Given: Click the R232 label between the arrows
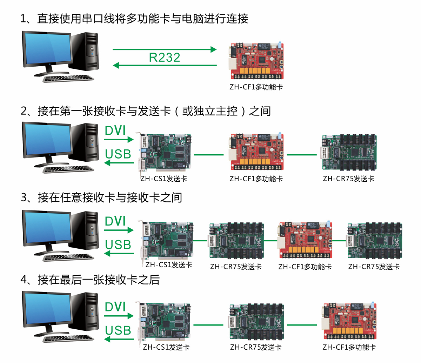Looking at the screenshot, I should pos(165,57).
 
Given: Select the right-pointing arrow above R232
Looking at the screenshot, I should pos(165,49).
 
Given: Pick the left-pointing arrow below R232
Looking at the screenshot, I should pos(165,65).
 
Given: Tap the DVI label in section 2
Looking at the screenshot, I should pos(115,130).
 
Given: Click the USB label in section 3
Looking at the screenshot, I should pos(118,244).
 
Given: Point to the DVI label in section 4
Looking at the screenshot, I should pos(115,307).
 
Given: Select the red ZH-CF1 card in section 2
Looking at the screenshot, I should pos(257,152).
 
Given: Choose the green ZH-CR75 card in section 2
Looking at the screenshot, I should pos(349,152).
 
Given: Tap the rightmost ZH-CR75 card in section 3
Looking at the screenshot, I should pos(375,240).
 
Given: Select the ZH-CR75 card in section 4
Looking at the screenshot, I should pos(256,321).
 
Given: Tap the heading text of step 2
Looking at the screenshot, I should pos(145,111).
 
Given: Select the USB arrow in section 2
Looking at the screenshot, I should pos(119,162).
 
